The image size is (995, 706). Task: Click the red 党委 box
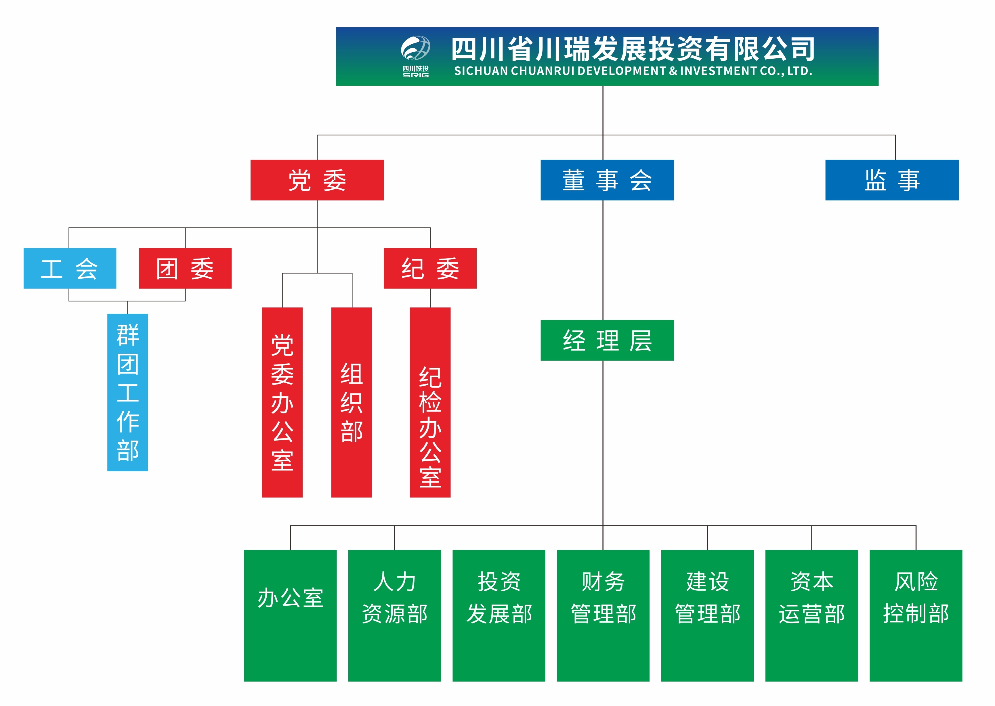(317, 180)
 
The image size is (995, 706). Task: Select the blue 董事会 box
(607, 180)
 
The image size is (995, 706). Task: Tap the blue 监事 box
(892, 180)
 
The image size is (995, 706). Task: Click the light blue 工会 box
(70, 268)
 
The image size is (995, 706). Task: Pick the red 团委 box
(185, 268)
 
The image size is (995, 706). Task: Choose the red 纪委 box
(430, 268)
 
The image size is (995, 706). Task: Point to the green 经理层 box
(607, 340)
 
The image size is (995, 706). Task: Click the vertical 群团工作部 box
(128, 392)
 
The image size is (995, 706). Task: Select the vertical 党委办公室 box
(282, 403)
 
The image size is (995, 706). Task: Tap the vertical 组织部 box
(352, 403)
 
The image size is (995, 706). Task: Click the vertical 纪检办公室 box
(430, 403)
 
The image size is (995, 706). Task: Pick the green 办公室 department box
(291, 616)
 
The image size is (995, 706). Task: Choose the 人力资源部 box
(394, 616)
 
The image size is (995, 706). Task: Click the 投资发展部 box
(499, 616)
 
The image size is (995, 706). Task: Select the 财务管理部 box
(603, 616)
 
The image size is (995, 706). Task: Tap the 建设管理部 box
(708, 616)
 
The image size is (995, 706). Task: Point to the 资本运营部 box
(811, 616)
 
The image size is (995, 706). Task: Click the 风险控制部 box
(916, 616)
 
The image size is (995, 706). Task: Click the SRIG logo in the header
(416, 57)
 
